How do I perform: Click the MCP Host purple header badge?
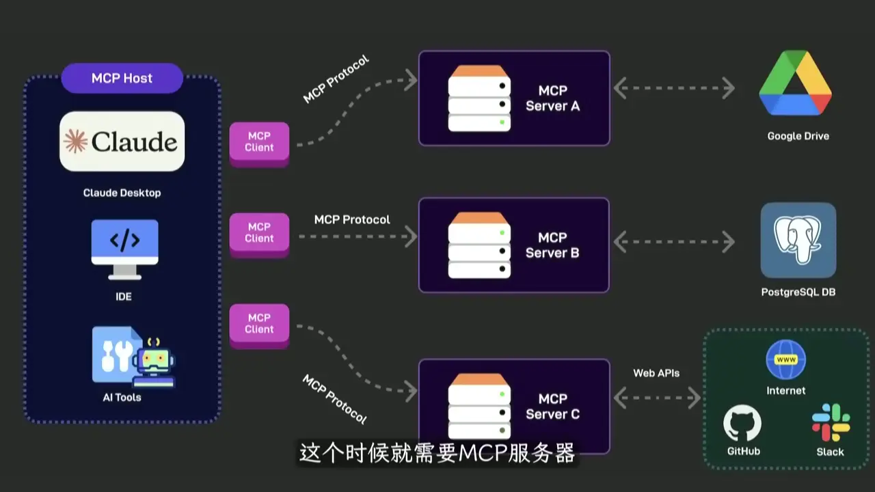(122, 78)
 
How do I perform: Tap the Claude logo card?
(122, 141)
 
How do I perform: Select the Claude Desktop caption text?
(122, 193)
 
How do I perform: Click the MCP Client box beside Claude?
(259, 142)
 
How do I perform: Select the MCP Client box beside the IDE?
(259, 233)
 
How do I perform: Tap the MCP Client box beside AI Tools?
(259, 324)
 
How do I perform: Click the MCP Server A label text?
(552, 98)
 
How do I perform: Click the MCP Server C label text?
(552, 407)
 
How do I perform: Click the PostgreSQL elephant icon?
(798, 239)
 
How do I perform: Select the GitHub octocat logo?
(742, 424)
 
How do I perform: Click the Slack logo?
(831, 422)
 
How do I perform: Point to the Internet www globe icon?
(785, 359)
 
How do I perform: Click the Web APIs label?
(656, 373)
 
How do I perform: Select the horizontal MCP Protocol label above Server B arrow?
(352, 219)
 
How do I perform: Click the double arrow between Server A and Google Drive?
(673, 88)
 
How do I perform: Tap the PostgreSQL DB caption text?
(798, 292)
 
